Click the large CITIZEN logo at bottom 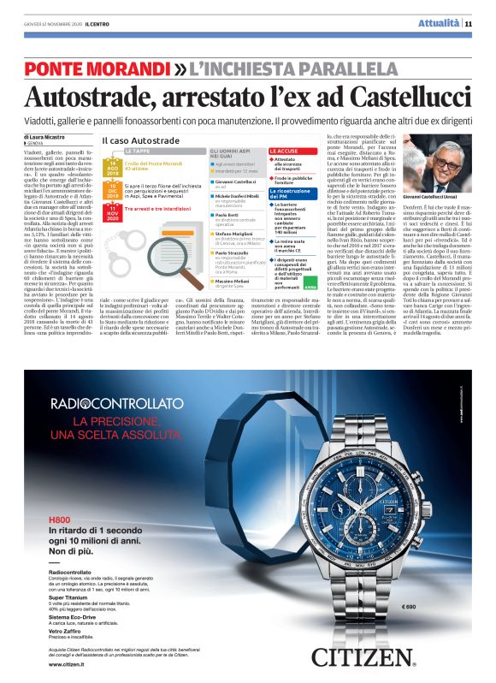point(374,657)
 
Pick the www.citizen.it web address point(71,663)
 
